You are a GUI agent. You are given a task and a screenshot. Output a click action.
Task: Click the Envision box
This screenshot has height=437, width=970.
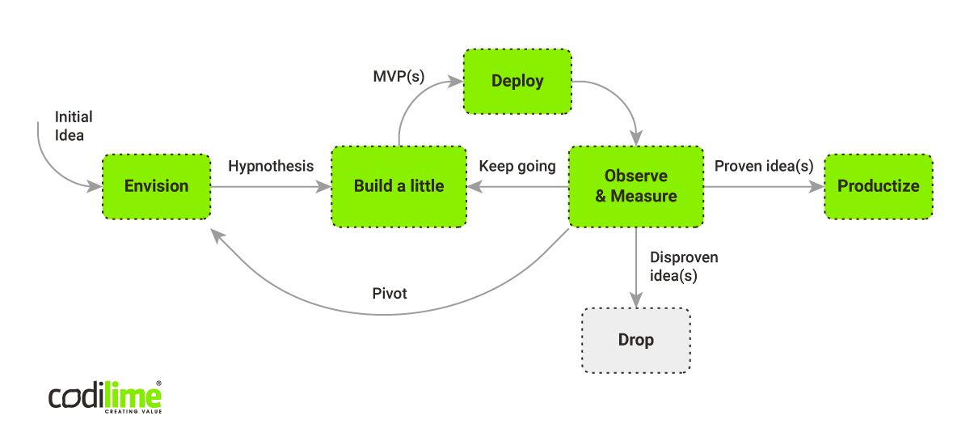pos(156,186)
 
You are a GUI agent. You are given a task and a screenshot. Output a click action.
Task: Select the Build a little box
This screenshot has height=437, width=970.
pos(399,186)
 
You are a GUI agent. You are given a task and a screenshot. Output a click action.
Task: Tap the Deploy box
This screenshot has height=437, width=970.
pos(517,82)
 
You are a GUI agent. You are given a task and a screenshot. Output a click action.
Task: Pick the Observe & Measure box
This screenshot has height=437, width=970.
pos(636,186)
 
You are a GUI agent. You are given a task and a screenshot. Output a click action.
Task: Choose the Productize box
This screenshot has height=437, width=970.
pos(879,186)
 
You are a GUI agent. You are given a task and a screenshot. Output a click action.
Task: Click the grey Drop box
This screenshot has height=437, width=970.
pos(636,341)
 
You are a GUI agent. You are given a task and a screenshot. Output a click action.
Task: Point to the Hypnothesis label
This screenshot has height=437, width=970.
pos(271,167)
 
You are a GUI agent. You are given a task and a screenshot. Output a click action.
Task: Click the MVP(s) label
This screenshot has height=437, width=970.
pos(399,76)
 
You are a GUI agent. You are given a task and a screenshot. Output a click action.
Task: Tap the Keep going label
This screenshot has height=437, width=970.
pos(517,167)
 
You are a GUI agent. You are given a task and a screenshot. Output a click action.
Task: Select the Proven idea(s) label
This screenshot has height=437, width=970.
pos(764,166)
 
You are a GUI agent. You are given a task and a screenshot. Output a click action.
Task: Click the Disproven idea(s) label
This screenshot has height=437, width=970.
pos(684,266)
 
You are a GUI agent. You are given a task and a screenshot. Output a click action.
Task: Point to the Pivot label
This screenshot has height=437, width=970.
pos(390,294)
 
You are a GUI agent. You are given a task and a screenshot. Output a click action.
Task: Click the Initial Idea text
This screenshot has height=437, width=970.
pos(74,125)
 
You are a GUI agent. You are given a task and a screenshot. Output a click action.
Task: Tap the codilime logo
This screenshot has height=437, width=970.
pos(105,397)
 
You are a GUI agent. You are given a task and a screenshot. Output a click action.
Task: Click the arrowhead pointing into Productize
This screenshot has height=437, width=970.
pos(816,187)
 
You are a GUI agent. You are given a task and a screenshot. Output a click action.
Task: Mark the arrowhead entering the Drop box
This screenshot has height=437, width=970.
pos(636,300)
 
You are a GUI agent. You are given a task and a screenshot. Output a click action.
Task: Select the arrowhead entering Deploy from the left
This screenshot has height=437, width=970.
pos(455,81)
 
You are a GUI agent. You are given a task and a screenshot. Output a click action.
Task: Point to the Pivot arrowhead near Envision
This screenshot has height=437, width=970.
pos(217,236)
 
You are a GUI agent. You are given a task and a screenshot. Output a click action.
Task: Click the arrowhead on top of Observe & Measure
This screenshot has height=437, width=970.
pos(636,138)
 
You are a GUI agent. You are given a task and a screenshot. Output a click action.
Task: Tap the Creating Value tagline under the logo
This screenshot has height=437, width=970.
pos(133,411)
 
